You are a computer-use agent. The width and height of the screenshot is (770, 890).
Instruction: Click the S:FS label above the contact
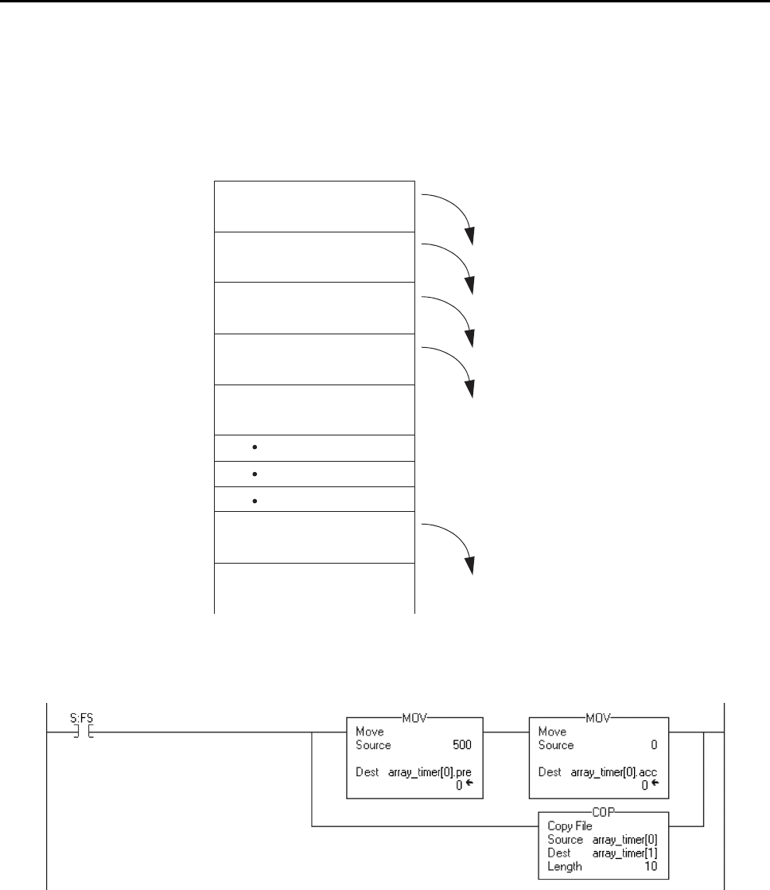(82, 718)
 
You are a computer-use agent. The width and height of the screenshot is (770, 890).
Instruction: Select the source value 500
(462, 744)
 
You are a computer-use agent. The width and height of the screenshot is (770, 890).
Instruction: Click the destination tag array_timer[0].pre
(430, 772)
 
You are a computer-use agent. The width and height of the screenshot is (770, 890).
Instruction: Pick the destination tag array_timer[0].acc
(614, 772)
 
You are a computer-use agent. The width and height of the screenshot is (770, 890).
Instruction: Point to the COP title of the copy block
(603, 812)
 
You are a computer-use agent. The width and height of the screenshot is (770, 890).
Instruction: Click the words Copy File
(570, 826)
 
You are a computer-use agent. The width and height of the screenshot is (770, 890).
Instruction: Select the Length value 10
(651, 866)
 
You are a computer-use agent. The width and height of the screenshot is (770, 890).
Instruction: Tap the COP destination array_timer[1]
(625, 853)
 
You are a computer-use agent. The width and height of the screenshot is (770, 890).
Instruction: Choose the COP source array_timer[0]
(625, 840)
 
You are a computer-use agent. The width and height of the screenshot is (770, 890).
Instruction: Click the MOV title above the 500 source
(414, 718)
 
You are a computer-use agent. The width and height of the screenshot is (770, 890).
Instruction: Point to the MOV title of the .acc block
(598, 718)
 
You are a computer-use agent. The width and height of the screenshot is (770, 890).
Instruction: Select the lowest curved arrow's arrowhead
(469, 565)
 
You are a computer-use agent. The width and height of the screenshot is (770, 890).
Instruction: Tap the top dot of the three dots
(255, 447)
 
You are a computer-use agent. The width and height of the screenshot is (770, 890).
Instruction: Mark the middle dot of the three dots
(255, 474)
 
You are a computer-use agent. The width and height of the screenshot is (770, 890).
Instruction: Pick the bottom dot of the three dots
(255, 502)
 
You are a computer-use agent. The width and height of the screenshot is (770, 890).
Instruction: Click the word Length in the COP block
(565, 867)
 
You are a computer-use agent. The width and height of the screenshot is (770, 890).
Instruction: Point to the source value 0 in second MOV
(654, 744)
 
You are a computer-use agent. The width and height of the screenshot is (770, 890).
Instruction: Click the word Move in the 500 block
(370, 732)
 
